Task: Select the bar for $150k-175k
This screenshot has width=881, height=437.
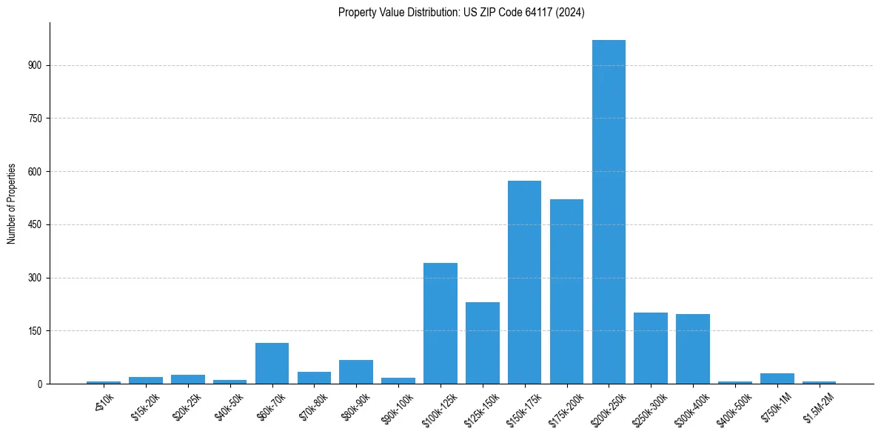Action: (x=524, y=282)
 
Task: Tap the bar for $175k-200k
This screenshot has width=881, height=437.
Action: (x=566, y=292)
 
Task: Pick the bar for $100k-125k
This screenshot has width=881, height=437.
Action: (x=440, y=324)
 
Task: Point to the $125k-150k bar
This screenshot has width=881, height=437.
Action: (x=483, y=343)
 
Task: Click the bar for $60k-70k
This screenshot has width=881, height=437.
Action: (x=272, y=364)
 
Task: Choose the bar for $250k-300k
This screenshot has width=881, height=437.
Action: (x=651, y=348)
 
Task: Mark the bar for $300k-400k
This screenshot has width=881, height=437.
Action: (x=693, y=349)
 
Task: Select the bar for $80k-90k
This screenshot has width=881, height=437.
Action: (x=356, y=372)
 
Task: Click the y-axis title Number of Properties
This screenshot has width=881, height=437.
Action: (x=12, y=204)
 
